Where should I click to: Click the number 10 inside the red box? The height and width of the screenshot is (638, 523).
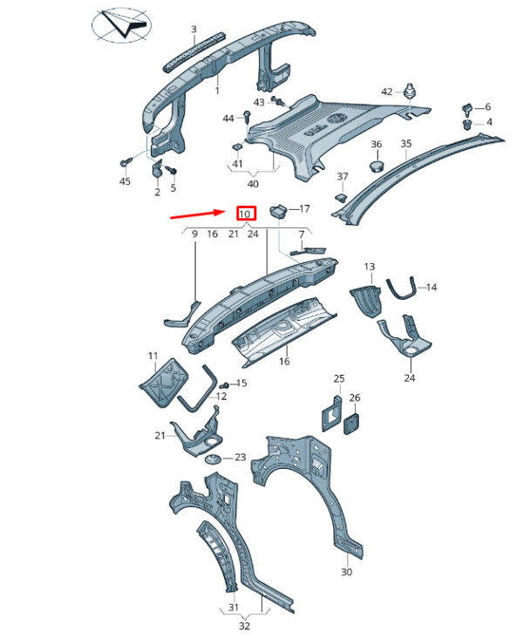click(245, 214)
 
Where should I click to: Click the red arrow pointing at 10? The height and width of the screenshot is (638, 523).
click(197, 214)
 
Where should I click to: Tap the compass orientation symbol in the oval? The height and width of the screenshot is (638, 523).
click(121, 25)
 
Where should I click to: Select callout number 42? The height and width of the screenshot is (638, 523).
click(387, 92)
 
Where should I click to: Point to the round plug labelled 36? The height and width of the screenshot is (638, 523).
click(377, 166)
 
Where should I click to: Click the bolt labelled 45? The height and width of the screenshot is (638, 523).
click(125, 163)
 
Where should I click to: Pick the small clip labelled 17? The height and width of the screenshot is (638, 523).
click(278, 211)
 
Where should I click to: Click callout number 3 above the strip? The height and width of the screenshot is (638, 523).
click(194, 30)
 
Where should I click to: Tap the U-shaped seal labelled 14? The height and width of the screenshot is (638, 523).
click(401, 288)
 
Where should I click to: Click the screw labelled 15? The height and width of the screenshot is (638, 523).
click(224, 384)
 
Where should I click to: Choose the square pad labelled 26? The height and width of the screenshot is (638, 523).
click(353, 424)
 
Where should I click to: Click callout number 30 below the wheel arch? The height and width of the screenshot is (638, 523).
click(346, 572)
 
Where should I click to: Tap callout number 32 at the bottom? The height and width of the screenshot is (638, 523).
click(244, 626)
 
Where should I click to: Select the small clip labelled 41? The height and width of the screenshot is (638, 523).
click(237, 147)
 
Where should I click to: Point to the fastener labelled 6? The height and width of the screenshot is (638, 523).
click(466, 109)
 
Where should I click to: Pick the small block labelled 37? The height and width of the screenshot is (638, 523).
click(341, 198)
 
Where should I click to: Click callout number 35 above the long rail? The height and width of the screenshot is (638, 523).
click(406, 144)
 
